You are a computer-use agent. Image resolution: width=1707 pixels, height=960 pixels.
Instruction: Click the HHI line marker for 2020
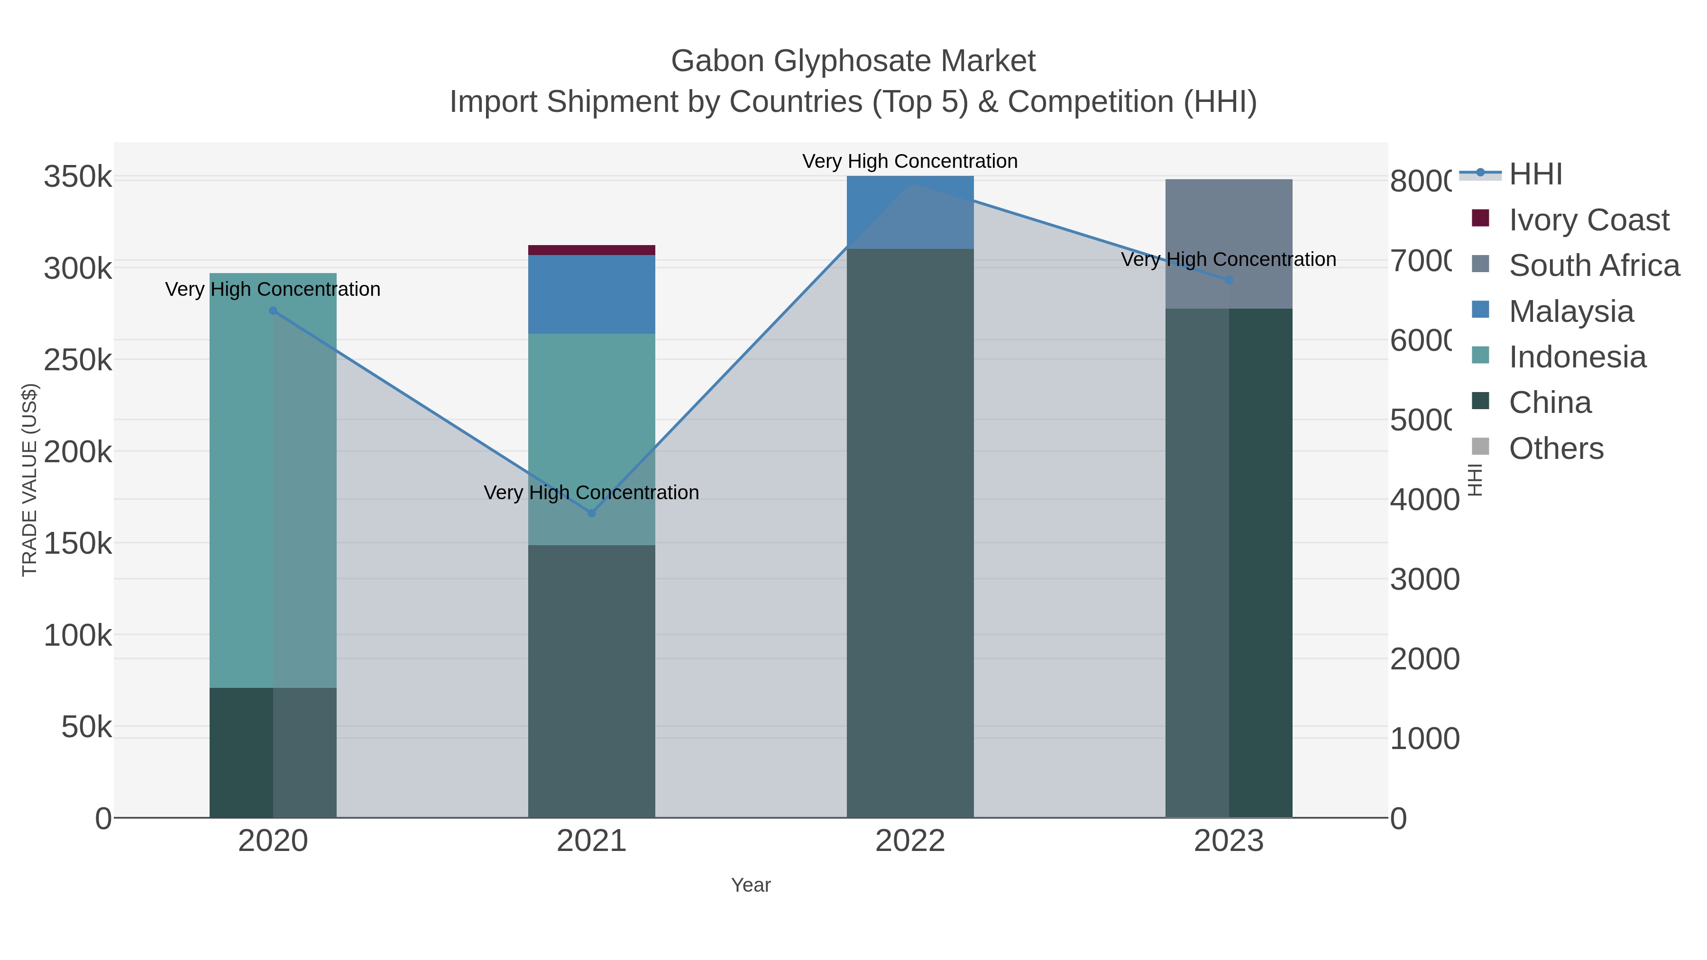click(273, 311)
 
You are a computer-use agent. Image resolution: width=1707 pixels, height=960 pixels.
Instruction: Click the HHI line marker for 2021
click(592, 513)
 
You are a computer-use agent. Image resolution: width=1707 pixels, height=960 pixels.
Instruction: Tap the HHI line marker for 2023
click(1229, 280)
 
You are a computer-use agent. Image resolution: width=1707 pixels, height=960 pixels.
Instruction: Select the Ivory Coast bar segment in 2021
click(591, 250)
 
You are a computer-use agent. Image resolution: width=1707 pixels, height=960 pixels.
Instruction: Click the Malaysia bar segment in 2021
click(591, 294)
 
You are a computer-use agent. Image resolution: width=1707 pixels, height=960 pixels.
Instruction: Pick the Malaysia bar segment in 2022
click(910, 212)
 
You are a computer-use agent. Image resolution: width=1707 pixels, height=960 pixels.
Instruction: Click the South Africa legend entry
click(1593, 265)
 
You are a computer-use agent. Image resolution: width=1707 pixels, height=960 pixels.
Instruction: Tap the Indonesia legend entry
click(1577, 357)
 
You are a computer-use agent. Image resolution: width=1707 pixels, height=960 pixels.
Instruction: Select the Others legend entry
click(1555, 448)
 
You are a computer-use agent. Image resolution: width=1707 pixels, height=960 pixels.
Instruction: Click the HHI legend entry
click(1535, 174)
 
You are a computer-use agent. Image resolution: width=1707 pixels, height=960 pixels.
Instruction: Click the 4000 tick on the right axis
click(1424, 500)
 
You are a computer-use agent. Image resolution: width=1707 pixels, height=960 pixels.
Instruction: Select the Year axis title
click(751, 885)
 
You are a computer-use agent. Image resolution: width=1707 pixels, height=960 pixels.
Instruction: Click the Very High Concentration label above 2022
click(910, 161)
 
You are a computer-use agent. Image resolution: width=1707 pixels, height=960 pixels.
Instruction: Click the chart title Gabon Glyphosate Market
click(853, 61)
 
